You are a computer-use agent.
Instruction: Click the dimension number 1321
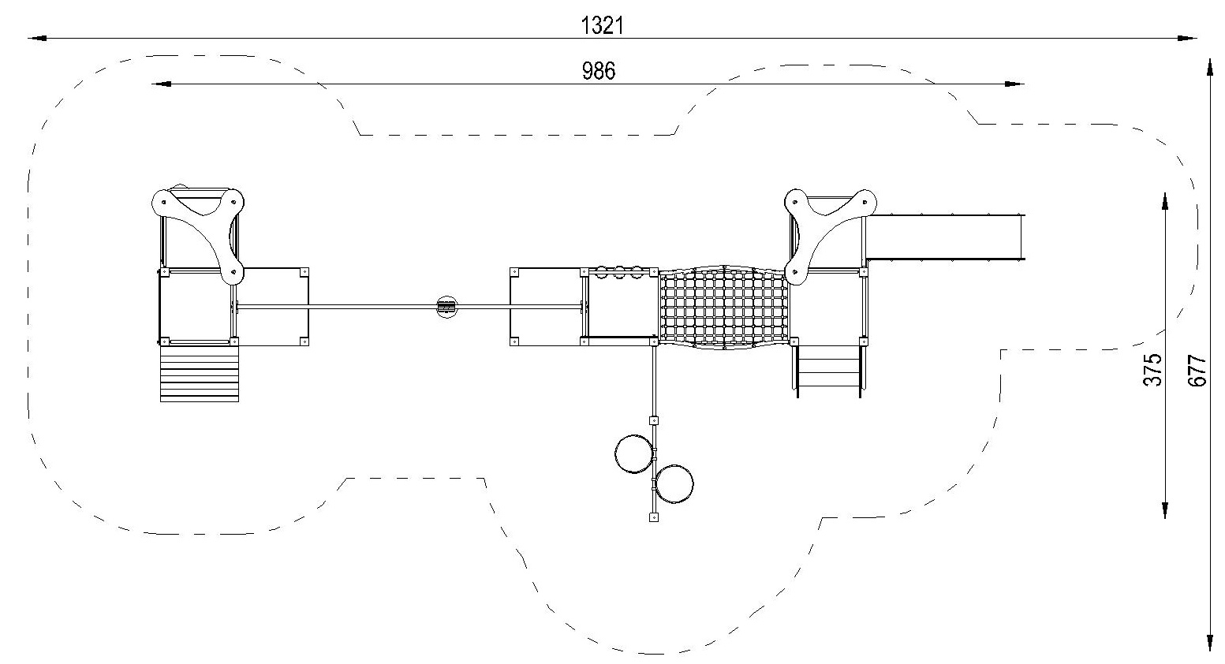[x=602, y=26]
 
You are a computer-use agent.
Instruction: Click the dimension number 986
[x=598, y=71]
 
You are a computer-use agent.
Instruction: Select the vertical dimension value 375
[x=1152, y=370]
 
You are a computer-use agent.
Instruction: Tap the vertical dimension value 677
[x=1197, y=371]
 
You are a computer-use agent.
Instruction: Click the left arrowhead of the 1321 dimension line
[x=37, y=39]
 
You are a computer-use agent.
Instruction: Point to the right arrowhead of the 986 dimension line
[x=1015, y=84]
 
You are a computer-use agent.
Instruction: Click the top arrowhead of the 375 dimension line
[x=1165, y=201]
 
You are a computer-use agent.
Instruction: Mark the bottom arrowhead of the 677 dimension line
[x=1210, y=643]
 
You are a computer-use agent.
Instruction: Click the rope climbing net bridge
[x=724, y=308]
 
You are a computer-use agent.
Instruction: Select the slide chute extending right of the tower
[x=944, y=237]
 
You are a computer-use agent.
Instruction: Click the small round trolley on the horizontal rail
[x=446, y=308]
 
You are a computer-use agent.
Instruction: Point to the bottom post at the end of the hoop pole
[x=653, y=517]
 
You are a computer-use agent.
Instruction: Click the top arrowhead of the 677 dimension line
[x=1210, y=67]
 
